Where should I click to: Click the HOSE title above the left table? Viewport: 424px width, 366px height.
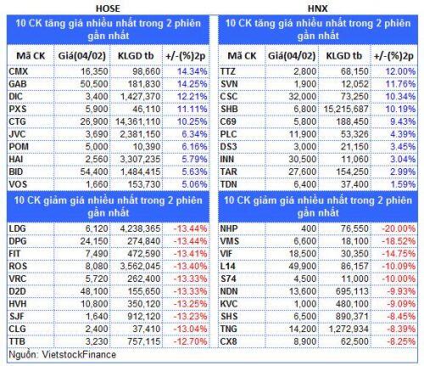pyautogui.click(x=108, y=8)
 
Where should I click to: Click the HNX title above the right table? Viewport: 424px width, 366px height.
pyautogui.click(x=318, y=8)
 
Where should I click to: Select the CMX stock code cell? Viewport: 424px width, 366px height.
pyautogui.click(x=19, y=71)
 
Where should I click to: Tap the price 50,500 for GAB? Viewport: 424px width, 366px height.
pyautogui.click(x=94, y=84)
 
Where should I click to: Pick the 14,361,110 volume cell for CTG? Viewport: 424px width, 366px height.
pyautogui.click(x=138, y=121)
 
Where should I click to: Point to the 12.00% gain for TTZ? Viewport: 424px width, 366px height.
pyautogui.click(x=400, y=71)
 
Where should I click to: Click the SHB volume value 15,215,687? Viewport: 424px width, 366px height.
pyautogui.click(x=346, y=109)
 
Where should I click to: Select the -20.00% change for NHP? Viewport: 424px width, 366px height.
pyautogui.click(x=399, y=228)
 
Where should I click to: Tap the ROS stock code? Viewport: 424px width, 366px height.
pyautogui.click(x=18, y=267)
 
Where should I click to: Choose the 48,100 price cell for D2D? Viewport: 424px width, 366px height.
pyautogui.click(x=94, y=291)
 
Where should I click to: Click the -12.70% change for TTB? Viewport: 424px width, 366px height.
pyautogui.click(x=190, y=341)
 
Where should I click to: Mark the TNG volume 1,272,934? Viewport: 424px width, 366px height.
pyautogui.click(x=349, y=329)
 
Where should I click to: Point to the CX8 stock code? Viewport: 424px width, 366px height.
pyautogui.click(x=228, y=341)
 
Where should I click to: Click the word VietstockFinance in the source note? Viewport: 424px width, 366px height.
pyautogui.click(x=79, y=355)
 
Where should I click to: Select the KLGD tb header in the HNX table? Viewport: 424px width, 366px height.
pyautogui.click(x=344, y=56)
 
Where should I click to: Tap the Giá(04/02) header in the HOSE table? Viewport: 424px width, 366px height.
pyautogui.click(x=82, y=56)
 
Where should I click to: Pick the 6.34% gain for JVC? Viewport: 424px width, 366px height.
pyautogui.click(x=194, y=134)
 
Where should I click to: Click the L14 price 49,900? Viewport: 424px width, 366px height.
pyautogui.click(x=303, y=267)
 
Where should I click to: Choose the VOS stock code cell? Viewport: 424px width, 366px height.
pyautogui.click(x=18, y=184)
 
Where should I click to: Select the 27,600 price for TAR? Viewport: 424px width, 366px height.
pyautogui.click(x=303, y=172)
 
